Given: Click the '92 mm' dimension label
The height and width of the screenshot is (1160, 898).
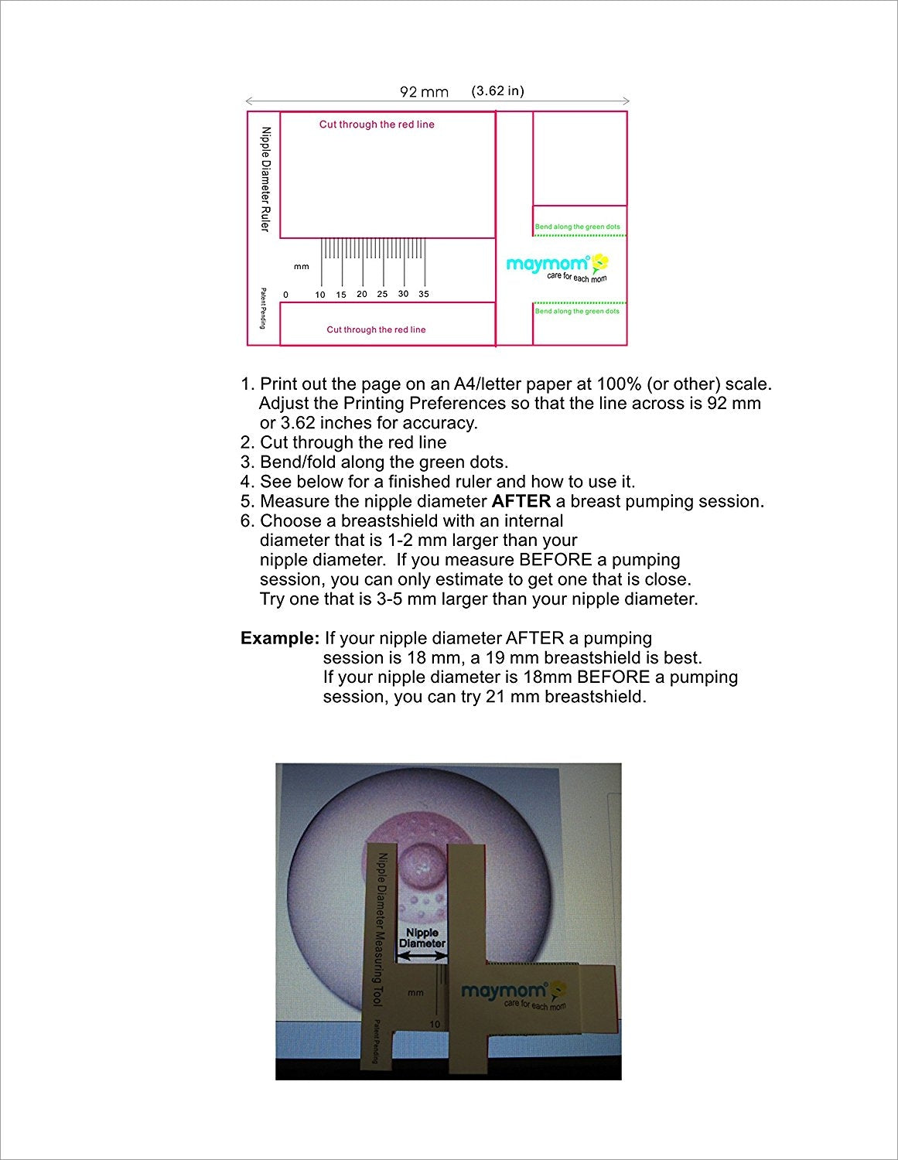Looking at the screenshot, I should (x=424, y=92).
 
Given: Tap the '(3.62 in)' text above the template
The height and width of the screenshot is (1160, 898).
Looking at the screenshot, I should (x=497, y=90).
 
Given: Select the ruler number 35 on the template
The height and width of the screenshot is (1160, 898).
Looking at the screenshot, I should (x=424, y=294).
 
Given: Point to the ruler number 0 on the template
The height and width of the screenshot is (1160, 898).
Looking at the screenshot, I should (x=285, y=295).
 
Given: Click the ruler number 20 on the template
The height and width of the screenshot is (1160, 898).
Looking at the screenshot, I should (x=362, y=294).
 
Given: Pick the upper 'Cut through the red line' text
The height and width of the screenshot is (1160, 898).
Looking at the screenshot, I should (x=377, y=125).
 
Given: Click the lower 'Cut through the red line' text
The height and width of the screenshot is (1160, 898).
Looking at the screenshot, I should (x=376, y=329).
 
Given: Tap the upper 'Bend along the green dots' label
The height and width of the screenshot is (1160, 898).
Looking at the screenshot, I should (x=577, y=227).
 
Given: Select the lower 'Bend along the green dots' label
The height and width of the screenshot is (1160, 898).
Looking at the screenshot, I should (x=577, y=311).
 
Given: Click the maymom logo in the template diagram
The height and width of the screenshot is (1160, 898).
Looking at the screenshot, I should (x=557, y=266).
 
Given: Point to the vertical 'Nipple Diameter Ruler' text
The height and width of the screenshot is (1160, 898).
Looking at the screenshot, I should (x=265, y=179).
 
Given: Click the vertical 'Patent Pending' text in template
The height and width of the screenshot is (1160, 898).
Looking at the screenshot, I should (x=263, y=308).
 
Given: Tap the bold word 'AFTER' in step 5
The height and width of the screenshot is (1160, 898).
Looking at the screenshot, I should (x=521, y=501).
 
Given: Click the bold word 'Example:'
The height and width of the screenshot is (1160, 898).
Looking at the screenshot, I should (x=280, y=639).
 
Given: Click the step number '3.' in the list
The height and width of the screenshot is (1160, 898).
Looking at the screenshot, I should (x=248, y=462).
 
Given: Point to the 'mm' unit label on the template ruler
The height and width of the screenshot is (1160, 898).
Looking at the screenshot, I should (x=301, y=267).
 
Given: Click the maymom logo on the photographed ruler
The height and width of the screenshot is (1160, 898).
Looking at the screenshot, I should (x=514, y=993).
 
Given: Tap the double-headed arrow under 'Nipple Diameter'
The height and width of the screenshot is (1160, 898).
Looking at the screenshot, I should (x=422, y=957).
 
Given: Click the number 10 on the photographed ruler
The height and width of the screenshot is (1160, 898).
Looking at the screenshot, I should (x=435, y=1024).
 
